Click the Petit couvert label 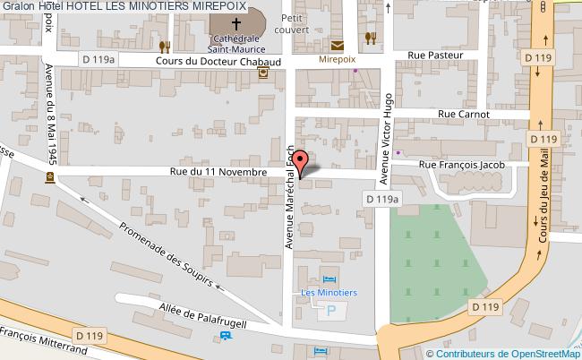294,23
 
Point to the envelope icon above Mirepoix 338,45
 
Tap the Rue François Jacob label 462,165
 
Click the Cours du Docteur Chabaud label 206,62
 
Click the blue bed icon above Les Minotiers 328,279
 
